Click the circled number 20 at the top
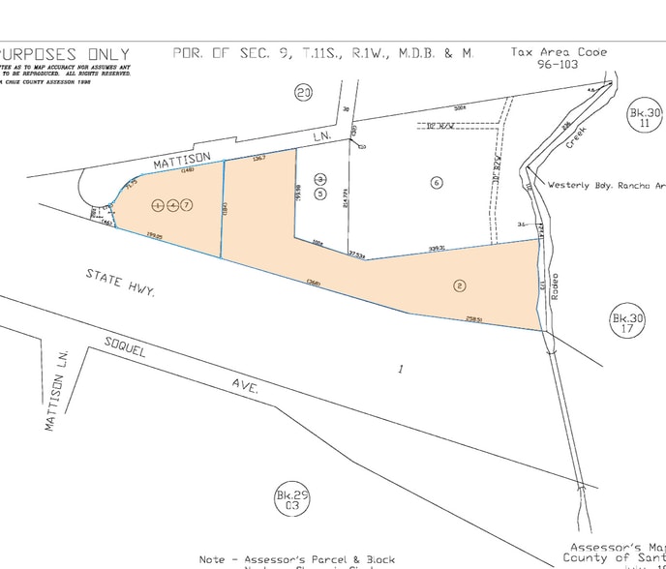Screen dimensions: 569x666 pyautogui.click(x=304, y=93)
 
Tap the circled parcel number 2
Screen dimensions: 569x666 pyautogui.click(x=460, y=285)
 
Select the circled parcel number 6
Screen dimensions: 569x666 pyautogui.click(x=437, y=182)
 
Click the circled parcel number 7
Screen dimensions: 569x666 pyautogui.click(x=188, y=205)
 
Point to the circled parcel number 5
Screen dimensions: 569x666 pyautogui.click(x=321, y=193)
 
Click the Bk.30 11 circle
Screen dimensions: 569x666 pyautogui.click(x=645, y=118)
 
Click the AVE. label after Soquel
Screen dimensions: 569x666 pyautogui.click(x=244, y=386)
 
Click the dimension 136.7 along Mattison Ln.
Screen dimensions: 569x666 pyautogui.click(x=258, y=159)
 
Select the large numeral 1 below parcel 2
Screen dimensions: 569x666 pyautogui.click(x=400, y=369)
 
